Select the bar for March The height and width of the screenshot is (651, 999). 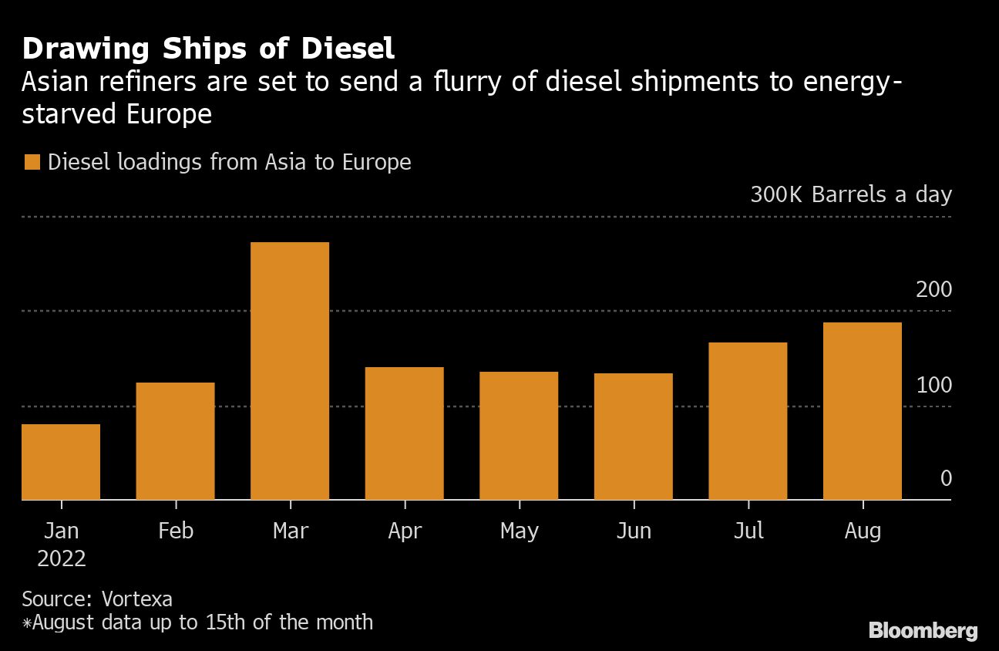click(x=290, y=371)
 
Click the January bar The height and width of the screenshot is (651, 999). click(x=61, y=462)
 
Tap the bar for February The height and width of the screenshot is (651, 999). click(x=176, y=441)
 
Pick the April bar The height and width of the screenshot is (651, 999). click(x=404, y=433)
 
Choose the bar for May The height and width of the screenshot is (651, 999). click(x=519, y=436)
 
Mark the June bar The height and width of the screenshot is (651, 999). click(x=634, y=437)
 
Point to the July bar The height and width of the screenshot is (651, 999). click(x=748, y=421)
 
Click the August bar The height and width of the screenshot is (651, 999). click(x=863, y=411)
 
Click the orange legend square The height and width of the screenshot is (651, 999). click(x=32, y=163)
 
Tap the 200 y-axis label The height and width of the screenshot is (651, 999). click(x=934, y=290)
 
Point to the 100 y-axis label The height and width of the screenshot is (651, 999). click(x=934, y=385)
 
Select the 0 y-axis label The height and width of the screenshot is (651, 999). click(x=946, y=479)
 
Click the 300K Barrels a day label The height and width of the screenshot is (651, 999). click(x=851, y=194)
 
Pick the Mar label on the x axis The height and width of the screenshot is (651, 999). click(x=290, y=531)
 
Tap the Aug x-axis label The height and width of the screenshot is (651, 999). click(x=863, y=531)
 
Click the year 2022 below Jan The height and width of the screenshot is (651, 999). click(x=62, y=558)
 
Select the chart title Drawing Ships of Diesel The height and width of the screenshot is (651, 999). click(x=208, y=49)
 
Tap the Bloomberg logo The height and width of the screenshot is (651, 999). click(x=923, y=630)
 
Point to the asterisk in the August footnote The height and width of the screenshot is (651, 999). click(x=26, y=622)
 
